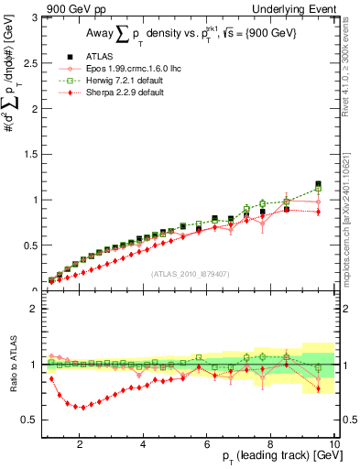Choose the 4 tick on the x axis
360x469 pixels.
(x=143, y=444)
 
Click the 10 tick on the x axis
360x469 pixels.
(x=333, y=444)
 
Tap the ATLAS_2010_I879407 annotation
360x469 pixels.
(x=190, y=273)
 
